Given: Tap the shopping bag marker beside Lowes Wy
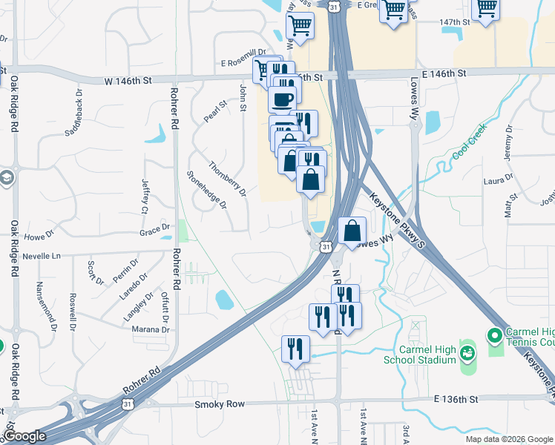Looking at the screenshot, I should pos(352,231).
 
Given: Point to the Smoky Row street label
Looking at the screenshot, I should pos(219,405).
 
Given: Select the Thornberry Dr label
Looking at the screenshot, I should pos(227,179).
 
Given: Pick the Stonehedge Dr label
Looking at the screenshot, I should pos(206,190).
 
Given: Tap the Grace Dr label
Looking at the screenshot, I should pos(155,231).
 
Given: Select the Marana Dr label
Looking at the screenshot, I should pos(151,329).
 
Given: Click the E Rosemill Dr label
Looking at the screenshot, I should pos(243,63).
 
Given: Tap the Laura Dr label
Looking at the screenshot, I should pos(498,179).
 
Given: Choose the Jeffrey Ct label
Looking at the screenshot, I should pos(145,195).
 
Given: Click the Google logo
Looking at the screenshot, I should pos(25,437).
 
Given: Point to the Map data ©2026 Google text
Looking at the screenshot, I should pos(508,439).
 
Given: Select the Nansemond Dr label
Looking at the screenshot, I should pos(46,306).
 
